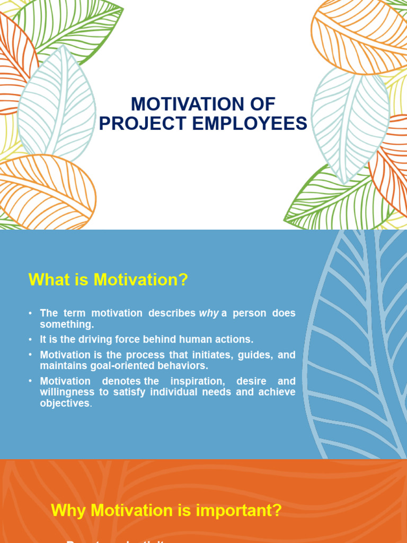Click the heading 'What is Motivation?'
108,279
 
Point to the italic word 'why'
208,313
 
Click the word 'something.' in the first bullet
67,324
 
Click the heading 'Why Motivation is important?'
166,511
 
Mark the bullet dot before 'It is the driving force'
31,339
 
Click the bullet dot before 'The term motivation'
31,313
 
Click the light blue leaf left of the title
57,106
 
